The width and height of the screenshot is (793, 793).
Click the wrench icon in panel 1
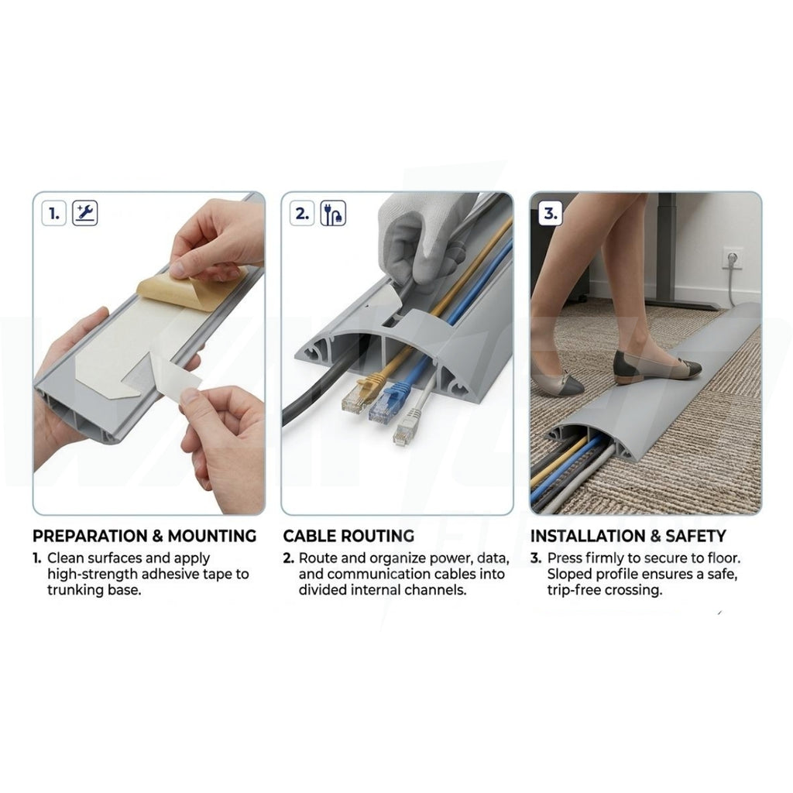pyautogui.click(x=84, y=213)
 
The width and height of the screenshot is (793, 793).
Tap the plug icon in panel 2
pyautogui.click(x=333, y=213)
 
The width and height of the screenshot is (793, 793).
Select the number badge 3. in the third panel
pyautogui.click(x=551, y=213)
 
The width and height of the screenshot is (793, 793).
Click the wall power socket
pyautogui.click(x=731, y=258)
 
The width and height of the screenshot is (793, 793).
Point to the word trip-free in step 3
pyautogui.click(x=572, y=590)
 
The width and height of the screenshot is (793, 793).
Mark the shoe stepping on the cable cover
pyautogui.click(x=657, y=366)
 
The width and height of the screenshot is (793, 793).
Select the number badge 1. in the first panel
pyautogui.click(x=54, y=213)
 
